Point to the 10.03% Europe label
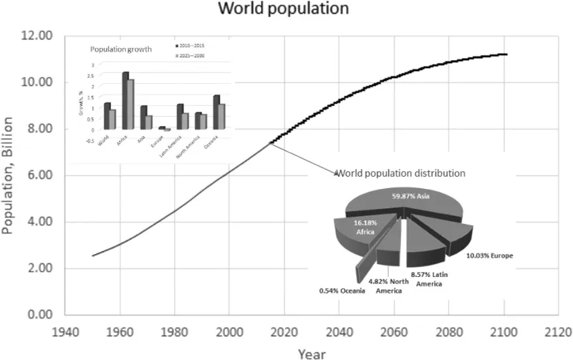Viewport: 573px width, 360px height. point(493,255)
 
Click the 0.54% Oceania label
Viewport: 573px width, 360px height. point(347,291)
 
